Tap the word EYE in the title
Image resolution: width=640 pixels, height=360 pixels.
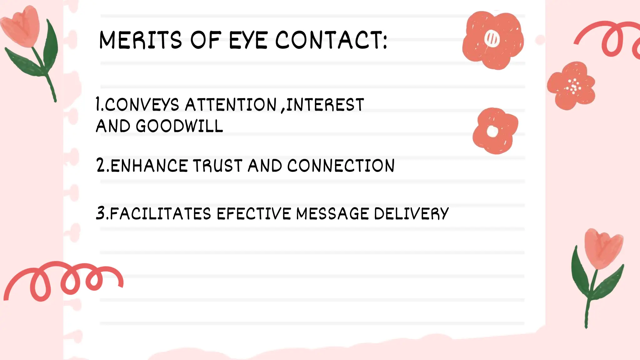(248, 40)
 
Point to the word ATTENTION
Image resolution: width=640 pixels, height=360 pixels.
(231, 104)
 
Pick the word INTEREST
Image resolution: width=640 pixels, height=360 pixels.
(325, 104)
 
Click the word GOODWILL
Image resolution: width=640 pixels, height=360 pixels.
(179, 126)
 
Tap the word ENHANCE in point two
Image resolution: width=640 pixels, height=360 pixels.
(149, 166)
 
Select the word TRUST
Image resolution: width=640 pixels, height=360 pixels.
(217, 166)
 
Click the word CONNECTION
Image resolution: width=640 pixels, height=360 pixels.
(341, 166)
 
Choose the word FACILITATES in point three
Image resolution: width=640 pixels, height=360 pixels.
(161, 214)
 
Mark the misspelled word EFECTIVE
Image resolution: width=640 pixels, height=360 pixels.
(254, 214)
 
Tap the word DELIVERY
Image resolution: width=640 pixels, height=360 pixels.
(411, 214)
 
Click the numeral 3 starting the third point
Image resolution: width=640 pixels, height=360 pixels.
(101, 213)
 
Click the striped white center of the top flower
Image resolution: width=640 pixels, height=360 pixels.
(492, 39)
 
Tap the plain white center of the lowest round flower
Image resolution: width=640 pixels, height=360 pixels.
(492, 131)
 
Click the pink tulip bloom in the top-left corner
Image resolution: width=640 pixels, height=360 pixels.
(21, 27)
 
